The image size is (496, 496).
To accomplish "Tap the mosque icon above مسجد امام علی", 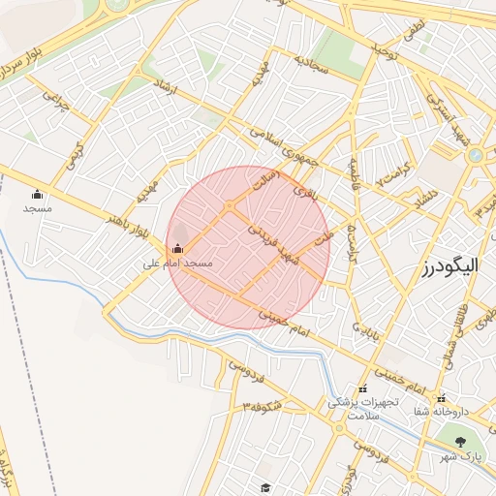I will pyautogui.click(x=176, y=248).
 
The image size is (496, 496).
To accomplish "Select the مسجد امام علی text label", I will pyautogui.click(x=177, y=263).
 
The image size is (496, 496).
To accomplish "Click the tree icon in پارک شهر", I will pyautogui.click(x=461, y=441).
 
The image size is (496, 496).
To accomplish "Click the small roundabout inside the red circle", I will pyautogui.click(x=230, y=206).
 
